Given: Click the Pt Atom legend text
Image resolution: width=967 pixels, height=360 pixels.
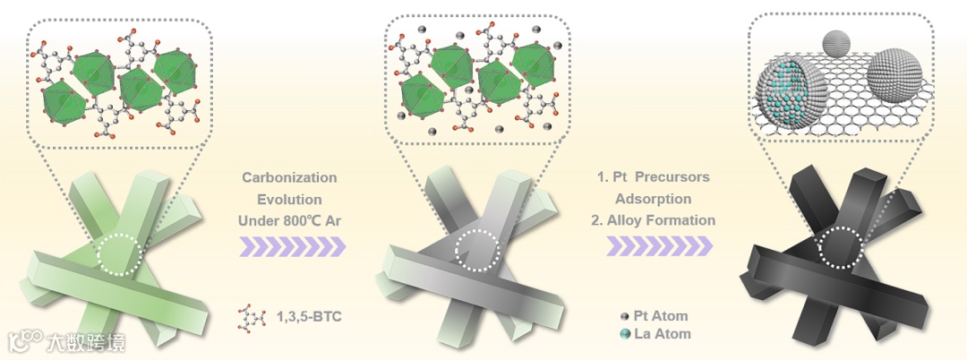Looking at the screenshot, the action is [661, 316].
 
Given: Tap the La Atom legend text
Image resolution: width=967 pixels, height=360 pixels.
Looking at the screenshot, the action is [661, 334].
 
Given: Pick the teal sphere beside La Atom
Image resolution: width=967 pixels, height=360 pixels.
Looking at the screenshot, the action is [623, 334].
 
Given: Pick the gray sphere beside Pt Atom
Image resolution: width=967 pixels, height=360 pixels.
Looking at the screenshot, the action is [623, 316].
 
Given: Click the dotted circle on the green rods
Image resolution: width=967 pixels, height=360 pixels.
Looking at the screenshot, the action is [119, 254].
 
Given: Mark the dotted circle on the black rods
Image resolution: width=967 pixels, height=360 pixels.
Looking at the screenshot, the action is [843, 244].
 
